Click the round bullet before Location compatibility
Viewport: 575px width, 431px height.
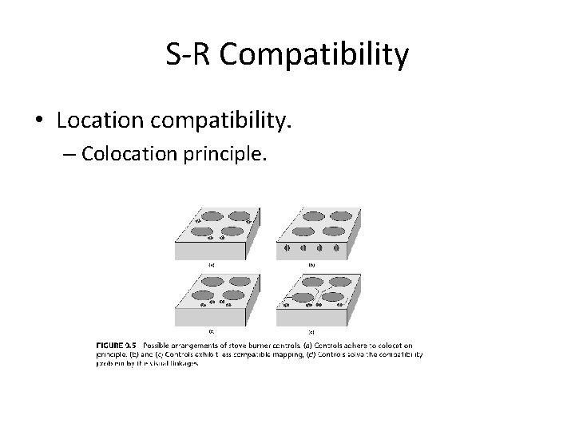(x=39, y=122)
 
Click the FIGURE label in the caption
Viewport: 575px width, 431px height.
(x=114, y=344)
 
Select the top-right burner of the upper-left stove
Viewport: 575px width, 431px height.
(x=237, y=215)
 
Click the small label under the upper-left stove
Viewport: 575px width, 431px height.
(x=211, y=264)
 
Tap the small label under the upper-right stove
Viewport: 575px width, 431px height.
(x=312, y=264)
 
